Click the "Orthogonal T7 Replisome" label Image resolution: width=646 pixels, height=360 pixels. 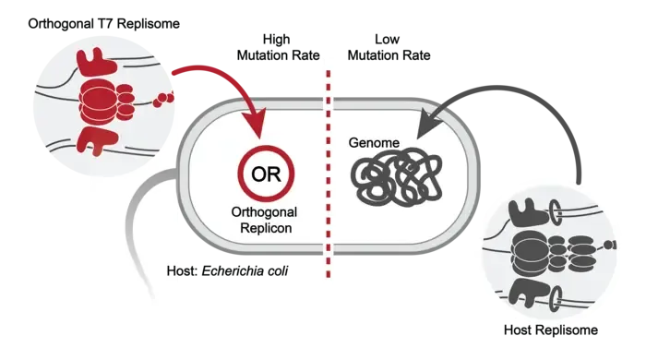pyautogui.click(x=103, y=23)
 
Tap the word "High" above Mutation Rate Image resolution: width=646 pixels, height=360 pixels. pyautogui.click(x=277, y=39)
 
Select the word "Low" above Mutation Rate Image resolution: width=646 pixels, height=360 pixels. pyautogui.click(x=387, y=39)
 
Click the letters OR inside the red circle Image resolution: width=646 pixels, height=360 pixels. pyautogui.click(x=266, y=174)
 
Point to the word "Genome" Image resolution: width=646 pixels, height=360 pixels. pyautogui.click(x=374, y=142)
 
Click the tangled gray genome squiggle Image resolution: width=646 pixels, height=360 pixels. pyautogui.click(x=396, y=177)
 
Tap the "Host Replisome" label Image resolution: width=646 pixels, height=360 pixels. pyautogui.click(x=551, y=330)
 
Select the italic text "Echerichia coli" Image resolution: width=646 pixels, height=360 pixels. pyautogui.click(x=245, y=270)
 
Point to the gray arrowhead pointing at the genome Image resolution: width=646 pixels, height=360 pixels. pyautogui.click(x=426, y=123)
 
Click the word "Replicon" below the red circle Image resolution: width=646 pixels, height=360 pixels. pyautogui.click(x=266, y=228)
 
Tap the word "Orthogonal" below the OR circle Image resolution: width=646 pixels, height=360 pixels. pyautogui.click(x=264, y=212)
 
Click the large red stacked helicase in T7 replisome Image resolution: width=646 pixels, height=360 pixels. pyautogui.click(x=98, y=102)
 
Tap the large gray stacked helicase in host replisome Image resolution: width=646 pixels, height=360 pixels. pyautogui.click(x=530, y=253)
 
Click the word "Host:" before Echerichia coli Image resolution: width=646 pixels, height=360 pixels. pyautogui.click(x=183, y=270)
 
